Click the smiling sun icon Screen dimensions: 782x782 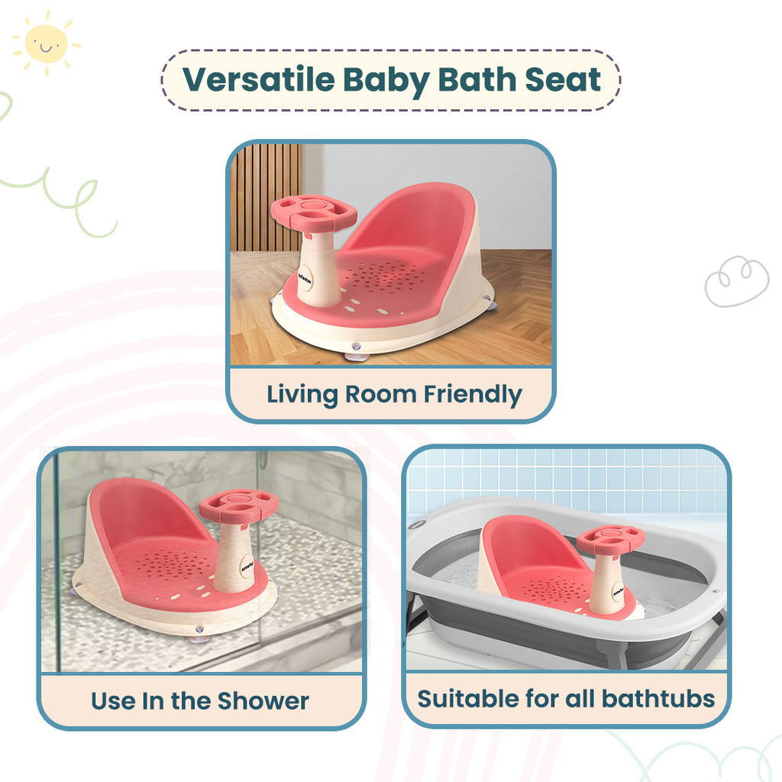coord(47,44)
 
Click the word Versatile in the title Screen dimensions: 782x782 coord(258,79)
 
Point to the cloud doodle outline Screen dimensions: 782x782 coord(737,281)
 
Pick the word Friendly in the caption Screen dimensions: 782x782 coord(473,395)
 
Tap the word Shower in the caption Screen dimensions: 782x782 coord(263,701)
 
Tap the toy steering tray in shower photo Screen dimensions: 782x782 coord(239,506)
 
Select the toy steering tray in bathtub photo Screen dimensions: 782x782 coord(610,539)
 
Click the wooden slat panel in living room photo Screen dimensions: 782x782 coord(267,198)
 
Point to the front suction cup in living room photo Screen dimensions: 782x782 coord(355,352)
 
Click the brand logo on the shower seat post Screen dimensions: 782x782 coord(247,567)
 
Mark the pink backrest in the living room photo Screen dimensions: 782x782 coord(413,219)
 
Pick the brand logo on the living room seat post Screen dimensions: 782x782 coord(305,279)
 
